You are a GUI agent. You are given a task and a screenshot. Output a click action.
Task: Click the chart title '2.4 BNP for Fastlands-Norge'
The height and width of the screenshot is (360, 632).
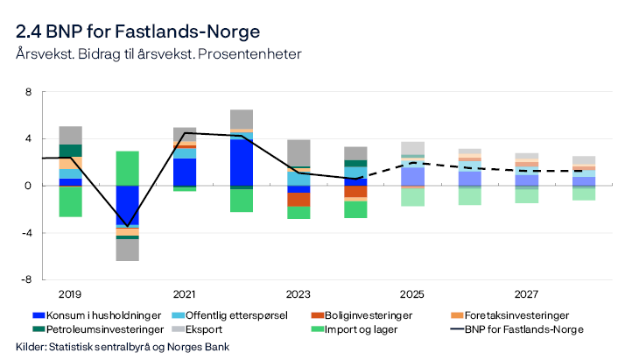point(137,32)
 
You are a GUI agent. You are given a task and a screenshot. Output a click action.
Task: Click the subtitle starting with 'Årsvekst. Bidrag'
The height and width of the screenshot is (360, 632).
point(158,54)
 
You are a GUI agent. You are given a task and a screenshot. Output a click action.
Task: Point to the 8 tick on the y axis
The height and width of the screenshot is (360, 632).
point(28,92)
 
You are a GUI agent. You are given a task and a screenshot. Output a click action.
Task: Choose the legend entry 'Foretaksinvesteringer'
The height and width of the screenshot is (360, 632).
point(513,315)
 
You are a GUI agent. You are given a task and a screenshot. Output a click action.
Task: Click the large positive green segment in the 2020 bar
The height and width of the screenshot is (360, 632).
point(128,168)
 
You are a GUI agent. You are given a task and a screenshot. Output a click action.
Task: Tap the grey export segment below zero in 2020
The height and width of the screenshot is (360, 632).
point(128,250)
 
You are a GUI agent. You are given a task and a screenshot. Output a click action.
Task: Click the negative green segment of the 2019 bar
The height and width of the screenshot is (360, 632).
point(70,201)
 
